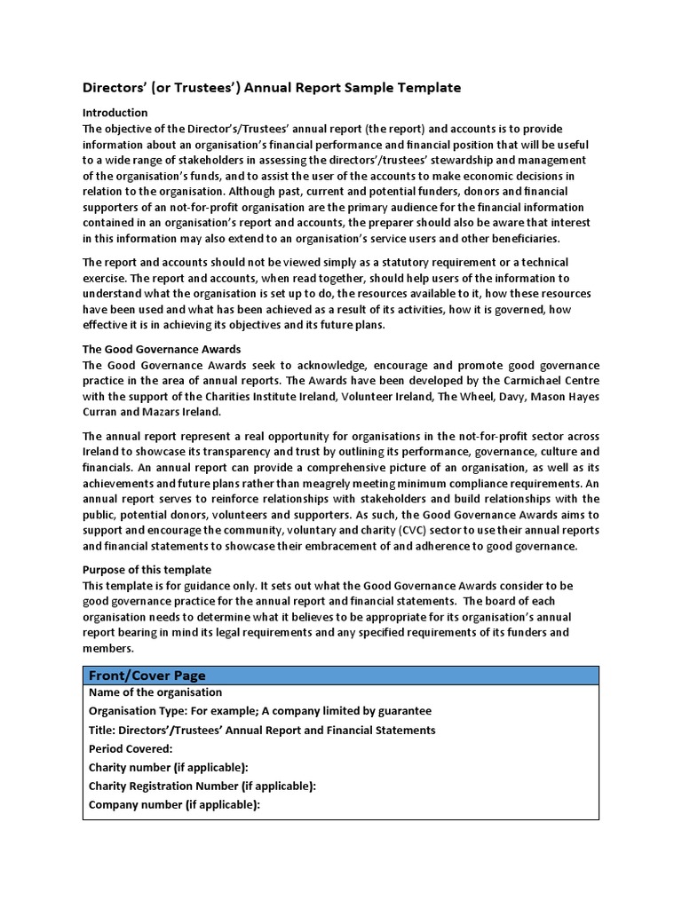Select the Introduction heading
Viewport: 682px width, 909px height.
(115, 113)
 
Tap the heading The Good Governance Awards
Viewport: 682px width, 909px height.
(162, 349)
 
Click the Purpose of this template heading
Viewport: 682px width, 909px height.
(147, 569)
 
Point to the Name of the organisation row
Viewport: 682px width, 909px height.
(155, 692)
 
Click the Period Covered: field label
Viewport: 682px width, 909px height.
(131, 748)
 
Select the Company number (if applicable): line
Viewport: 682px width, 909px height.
(174, 805)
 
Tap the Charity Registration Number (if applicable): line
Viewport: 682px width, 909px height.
(202, 786)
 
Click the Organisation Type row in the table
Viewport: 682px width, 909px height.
(260, 711)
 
